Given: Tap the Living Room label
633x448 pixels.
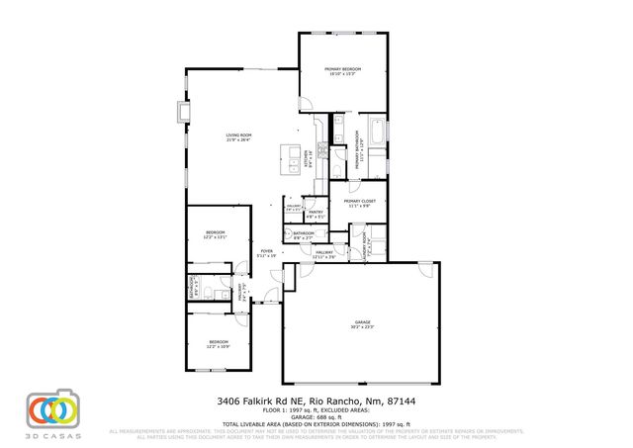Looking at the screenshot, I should coord(238,136).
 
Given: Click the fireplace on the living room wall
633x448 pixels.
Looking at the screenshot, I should coord(181,112).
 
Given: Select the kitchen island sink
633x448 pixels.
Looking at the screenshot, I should coord(292,153).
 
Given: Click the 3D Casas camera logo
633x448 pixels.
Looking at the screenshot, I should coord(51,408).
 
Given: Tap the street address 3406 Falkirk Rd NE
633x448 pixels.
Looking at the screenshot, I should coord(261,402).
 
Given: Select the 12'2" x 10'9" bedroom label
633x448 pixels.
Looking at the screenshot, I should coord(218,345).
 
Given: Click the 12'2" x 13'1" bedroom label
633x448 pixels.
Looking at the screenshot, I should coord(216,236).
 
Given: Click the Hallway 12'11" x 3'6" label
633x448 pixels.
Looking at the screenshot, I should coord(323,254).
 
